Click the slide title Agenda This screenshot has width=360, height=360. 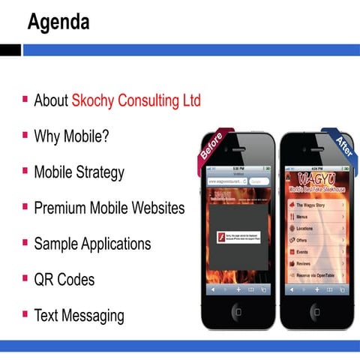[58, 22]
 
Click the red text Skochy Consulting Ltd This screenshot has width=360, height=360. [136, 100]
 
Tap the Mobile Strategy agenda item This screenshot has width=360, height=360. [79, 172]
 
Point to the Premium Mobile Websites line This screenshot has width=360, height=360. [109, 208]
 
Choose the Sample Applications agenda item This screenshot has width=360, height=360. [92, 244]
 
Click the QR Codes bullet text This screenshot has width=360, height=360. [64, 280]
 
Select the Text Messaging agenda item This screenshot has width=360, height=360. [79, 316]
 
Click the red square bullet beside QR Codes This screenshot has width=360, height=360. [25, 278]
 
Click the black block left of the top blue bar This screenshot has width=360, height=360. [10, 49]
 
